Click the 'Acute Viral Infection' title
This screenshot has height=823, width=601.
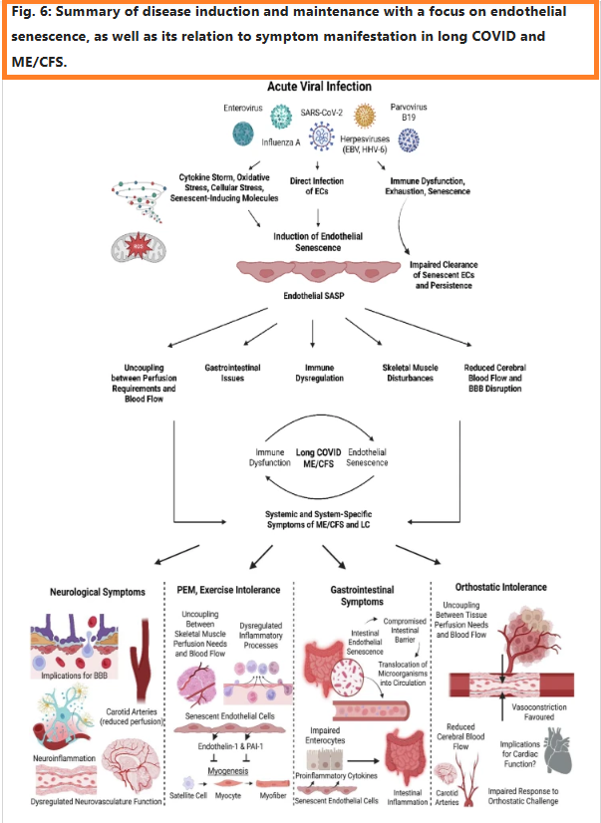point(319,88)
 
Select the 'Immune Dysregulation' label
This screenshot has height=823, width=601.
point(318,374)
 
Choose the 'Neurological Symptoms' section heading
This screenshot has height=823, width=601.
point(96,592)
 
